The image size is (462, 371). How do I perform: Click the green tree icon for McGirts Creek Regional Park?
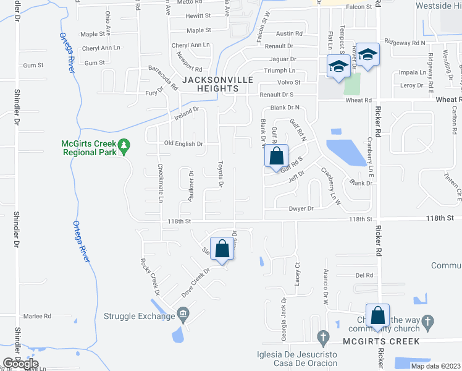tap(124, 146)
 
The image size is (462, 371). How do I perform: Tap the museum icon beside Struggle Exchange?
tap(182, 316)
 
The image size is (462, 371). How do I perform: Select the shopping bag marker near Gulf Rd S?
tap(277, 156)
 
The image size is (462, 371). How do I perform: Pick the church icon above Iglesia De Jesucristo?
tap(322, 338)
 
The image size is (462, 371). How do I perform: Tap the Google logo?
tap(20, 364)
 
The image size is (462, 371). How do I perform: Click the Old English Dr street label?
tap(183, 144)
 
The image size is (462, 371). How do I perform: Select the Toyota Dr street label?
tap(220, 174)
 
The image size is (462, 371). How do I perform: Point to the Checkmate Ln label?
tap(160, 183)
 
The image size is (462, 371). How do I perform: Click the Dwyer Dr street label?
tap(301, 209)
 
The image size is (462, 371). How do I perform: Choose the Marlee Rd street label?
tap(38, 316)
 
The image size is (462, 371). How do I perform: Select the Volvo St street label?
tap(288, 82)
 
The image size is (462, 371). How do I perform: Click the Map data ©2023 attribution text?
tap(435, 366)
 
